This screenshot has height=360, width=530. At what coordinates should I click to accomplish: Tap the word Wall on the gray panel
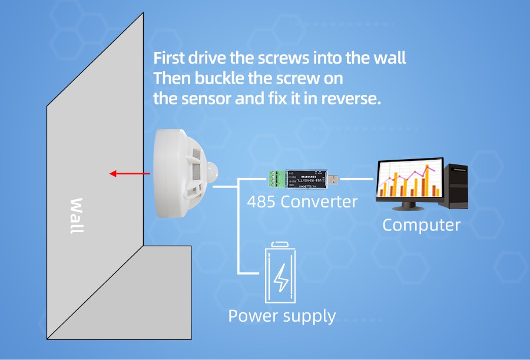tap(77, 216)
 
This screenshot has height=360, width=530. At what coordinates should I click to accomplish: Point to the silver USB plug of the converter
tap(333, 177)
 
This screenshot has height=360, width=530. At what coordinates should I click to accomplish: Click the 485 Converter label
tap(302, 202)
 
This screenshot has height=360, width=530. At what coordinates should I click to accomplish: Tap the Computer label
tap(421, 224)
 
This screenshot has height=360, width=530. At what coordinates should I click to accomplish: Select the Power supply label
tap(281, 316)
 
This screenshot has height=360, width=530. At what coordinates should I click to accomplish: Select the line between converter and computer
tap(357, 177)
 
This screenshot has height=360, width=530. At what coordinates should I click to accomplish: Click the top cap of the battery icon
tap(281, 244)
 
